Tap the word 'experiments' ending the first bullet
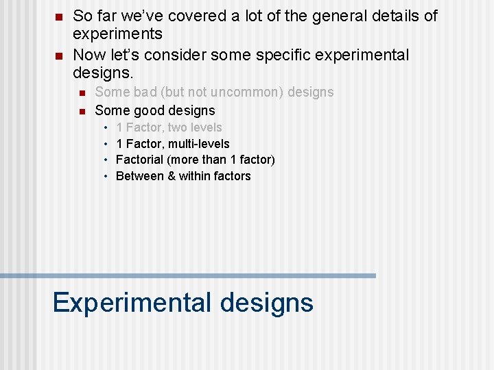point(117,34)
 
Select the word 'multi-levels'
point(199,144)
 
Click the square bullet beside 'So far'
point(60,16)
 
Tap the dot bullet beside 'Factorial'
point(107,160)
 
